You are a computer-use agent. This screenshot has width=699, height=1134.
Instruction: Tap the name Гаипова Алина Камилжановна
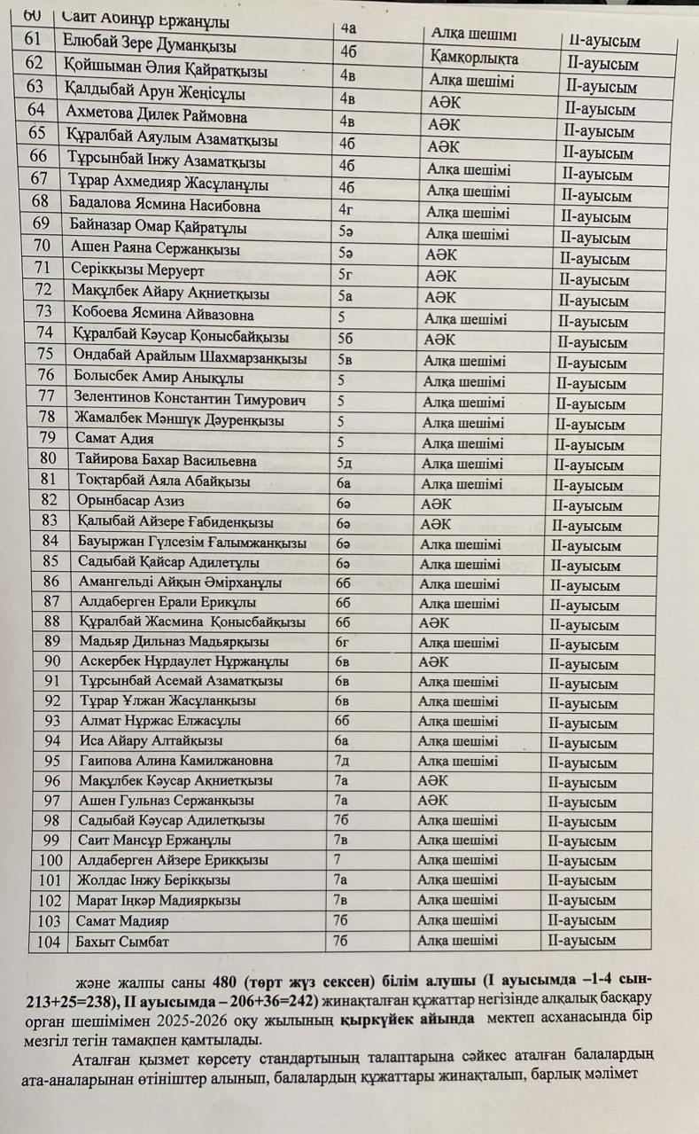click(x=175, y=761)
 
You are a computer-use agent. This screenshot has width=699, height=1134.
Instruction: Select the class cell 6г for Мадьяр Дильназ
click(x=344, y=641)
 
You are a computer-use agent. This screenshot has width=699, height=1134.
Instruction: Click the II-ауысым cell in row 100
click(x=583, y=861)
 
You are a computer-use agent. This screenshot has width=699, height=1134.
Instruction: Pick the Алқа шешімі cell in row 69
click(x=467, y=234)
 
